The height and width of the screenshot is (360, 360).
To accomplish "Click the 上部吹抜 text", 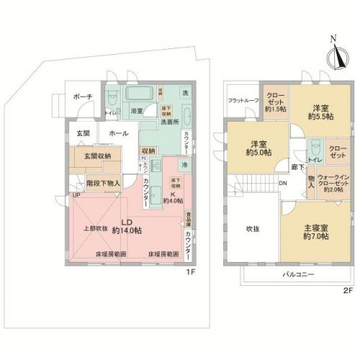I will coord(94,228).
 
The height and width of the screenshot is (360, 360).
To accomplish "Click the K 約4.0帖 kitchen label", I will coord(173,196).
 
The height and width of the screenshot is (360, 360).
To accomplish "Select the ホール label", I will coord(119,134).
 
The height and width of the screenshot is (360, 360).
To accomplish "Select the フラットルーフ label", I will coord(241,101).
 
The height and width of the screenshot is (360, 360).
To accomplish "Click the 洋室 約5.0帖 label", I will coord(256,147).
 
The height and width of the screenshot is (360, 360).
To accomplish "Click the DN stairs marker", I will coord(282,184).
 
